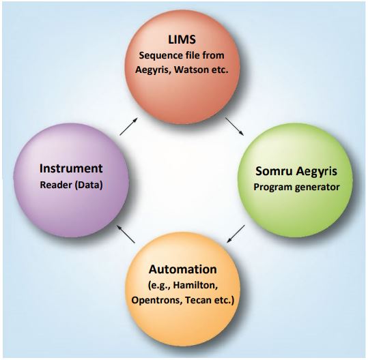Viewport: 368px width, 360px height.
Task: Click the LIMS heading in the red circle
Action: click(x=182, y=40)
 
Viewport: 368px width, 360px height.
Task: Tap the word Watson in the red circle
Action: click(x=189, y=70)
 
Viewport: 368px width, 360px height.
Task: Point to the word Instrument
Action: click(x=71, y=168)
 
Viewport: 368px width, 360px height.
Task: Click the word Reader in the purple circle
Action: click(x=56, y=185)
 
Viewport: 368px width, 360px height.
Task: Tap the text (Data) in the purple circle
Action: click(x=89, y=185)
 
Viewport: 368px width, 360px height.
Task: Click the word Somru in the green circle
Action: click(x=274, y=171)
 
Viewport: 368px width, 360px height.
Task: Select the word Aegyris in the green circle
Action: click(x=316, y=172)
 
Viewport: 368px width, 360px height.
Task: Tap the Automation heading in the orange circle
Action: click(x=182, y=269)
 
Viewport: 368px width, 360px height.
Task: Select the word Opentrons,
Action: click(x=156, y=301)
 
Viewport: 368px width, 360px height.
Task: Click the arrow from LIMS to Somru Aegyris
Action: click(x=234, y=126)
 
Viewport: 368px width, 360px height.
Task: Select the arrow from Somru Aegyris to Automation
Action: click(x=236, y=234)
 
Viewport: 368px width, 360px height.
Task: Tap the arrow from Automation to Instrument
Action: click(x=126, y=234)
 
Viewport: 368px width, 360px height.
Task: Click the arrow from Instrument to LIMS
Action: click(x=128, y=126)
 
